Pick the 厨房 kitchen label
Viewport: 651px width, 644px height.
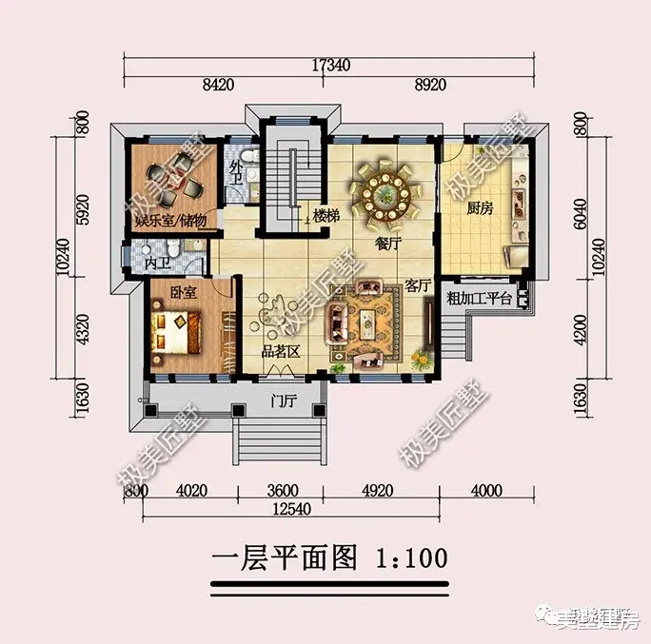479,209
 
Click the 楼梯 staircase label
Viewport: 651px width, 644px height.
326,217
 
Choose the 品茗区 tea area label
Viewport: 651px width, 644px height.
281,352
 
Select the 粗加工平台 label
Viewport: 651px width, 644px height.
480,299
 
